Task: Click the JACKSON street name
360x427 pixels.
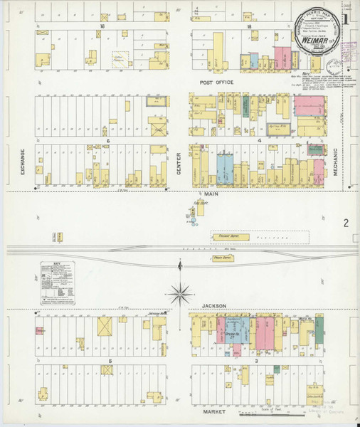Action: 213,306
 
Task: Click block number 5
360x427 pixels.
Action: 110,362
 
